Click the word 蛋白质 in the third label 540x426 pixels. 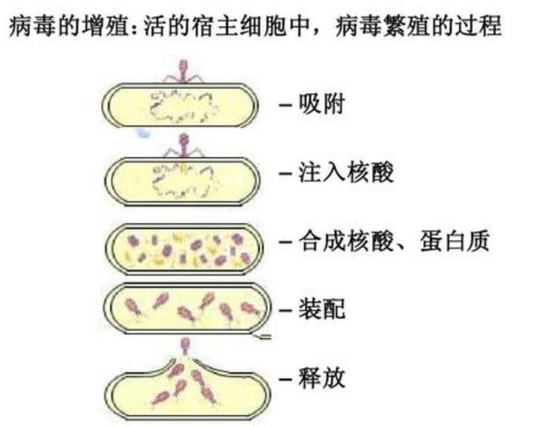click(459, 242)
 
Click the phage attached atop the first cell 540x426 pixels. click(184, 71)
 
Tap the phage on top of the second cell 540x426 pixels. click(183, 144)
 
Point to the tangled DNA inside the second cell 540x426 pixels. click(181, 178)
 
